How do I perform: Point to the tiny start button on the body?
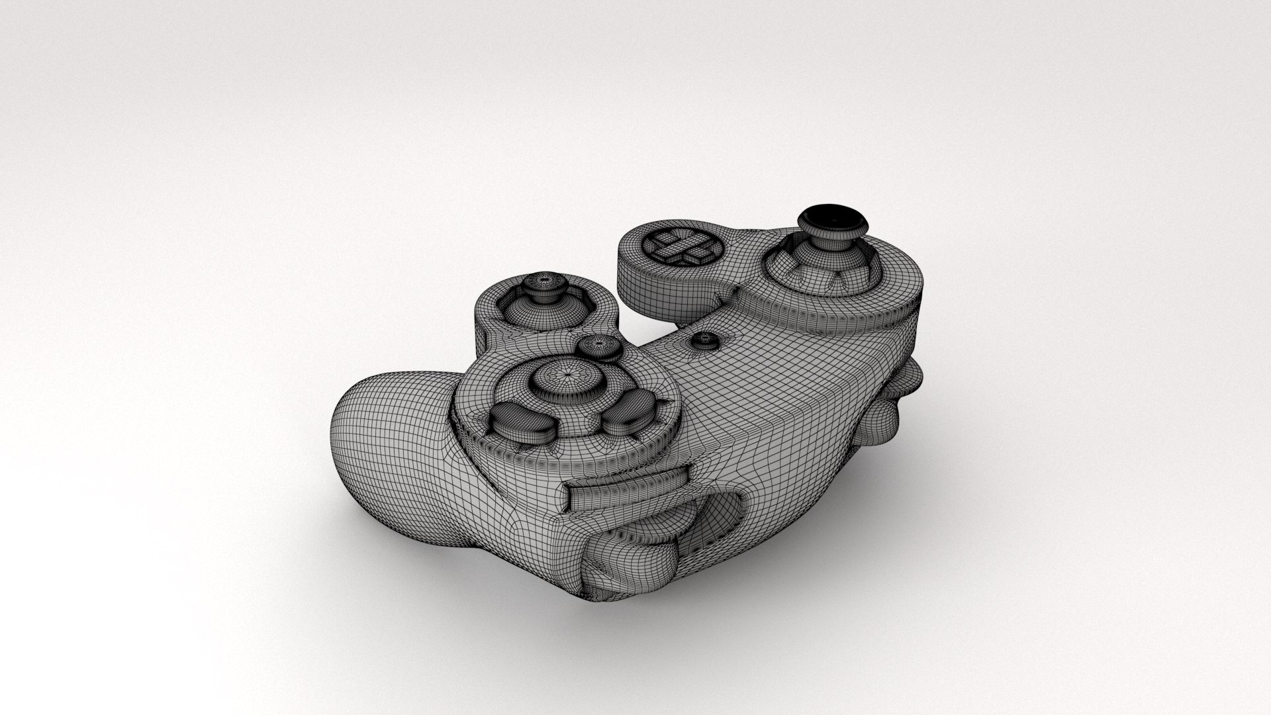coord(704,340)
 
